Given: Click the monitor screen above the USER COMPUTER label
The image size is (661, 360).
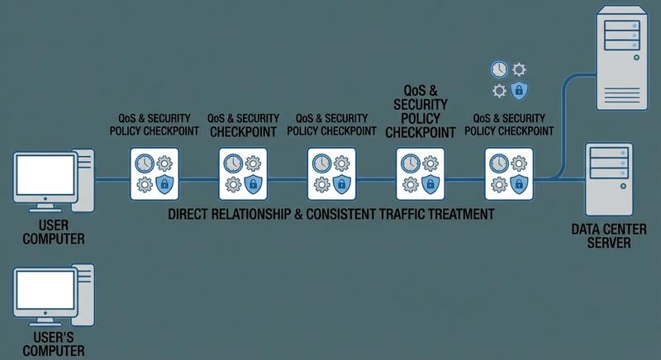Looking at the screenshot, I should (x=43, y=174).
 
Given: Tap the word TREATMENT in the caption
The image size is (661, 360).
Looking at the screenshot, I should (x=462, y=214).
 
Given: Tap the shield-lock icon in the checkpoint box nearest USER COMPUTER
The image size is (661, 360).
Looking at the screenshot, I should (x=164, y=183).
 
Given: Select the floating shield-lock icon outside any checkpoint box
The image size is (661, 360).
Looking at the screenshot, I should (x=520, y=91).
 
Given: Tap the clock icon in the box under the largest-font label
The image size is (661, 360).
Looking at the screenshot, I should (x=409, y=163).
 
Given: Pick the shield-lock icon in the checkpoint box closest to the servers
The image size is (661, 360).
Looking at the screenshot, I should (x=519, y=183).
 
